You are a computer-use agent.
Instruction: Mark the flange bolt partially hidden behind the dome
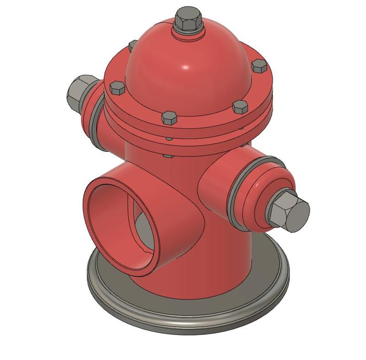click(132, 45)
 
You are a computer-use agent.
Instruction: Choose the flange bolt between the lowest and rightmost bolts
click(240, 107)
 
